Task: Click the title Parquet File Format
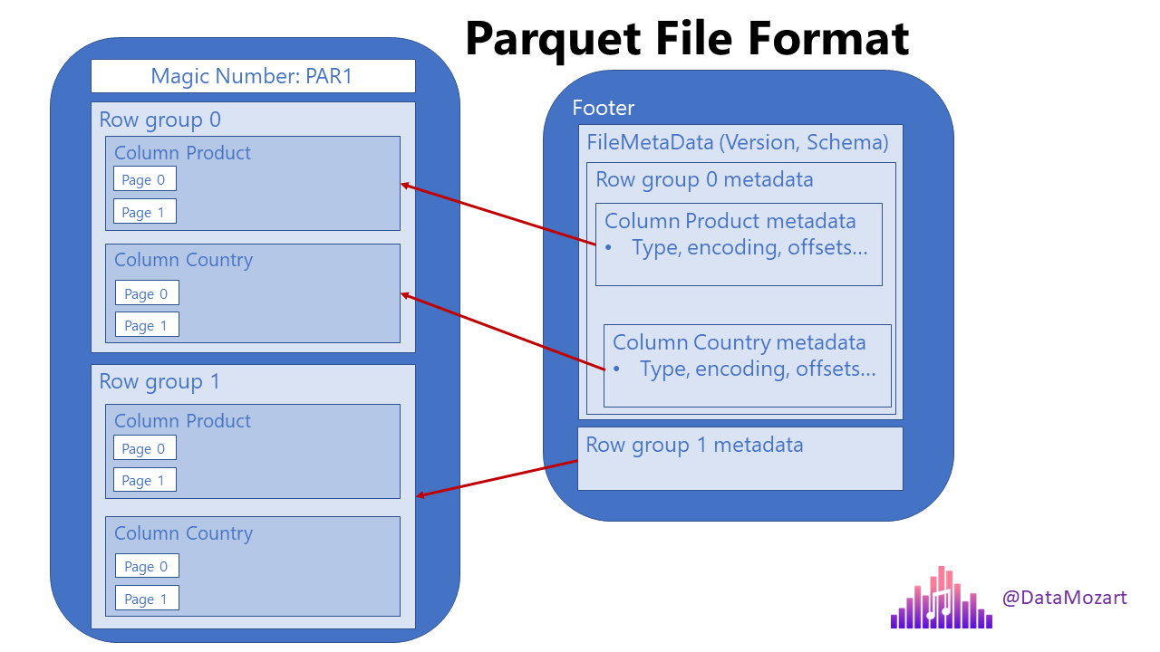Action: pos(687,39)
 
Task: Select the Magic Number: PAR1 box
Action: pos(253,76)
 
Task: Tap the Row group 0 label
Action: pos(159,120)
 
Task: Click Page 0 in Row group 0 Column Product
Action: pos(144,179)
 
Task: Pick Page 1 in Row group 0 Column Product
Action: pos(144,212)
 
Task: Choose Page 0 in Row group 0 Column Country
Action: pos(147,292)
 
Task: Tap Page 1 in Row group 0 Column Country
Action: pos(147,325)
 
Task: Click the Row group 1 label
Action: pos(159,381)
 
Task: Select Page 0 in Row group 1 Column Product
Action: pos(144,448)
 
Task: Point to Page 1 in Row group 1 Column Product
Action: pos(144,480)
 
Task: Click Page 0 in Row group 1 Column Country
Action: pos(147,566)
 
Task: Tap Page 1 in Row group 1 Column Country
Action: pos(147,599)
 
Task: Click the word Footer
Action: pos(604,108)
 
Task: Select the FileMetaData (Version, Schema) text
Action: pos(738,142)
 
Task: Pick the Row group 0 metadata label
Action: pos(704,179)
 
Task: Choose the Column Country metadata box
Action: pos(747,366)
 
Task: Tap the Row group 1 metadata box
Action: pos(739,459)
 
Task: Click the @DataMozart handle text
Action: pos(1064,598)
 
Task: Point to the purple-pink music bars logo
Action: pos(941,599)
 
